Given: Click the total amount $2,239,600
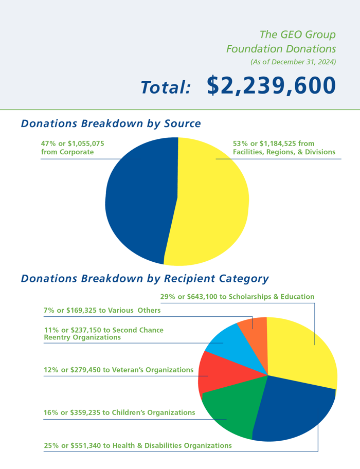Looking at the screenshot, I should (x=271, y=86).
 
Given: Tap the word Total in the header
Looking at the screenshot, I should (x=166, y=87).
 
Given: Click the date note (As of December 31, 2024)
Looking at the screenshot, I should (x=293, y=62).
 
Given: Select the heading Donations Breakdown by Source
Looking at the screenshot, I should (x=111, y=124).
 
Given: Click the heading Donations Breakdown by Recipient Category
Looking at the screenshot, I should (x=145, y=279).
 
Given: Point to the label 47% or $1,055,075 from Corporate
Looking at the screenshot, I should (x=73, y=148).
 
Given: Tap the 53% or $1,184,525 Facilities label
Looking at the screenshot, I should (x=284, y=148).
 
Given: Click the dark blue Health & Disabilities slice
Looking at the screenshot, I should (x=293, y=411).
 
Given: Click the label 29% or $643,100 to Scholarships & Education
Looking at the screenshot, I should (x=237, y=297).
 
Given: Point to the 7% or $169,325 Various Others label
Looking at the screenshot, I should (x=102, y=311).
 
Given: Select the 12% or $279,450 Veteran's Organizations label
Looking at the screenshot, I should (x=119, y=370).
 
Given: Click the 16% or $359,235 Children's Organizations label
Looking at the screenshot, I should (x=119, y=412).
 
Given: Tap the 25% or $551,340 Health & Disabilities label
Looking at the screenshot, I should (x=138, y=445).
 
